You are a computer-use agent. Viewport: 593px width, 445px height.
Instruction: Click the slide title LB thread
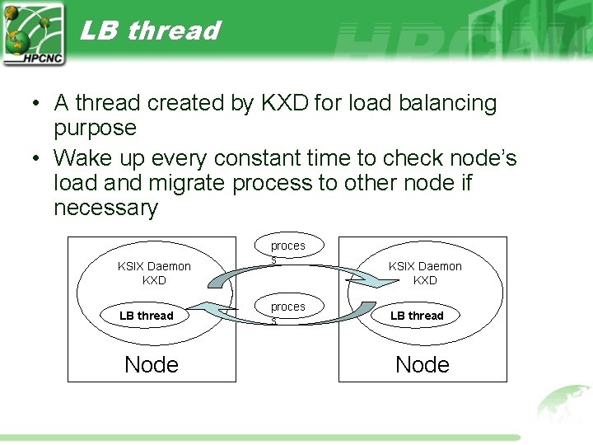tap(150, 30)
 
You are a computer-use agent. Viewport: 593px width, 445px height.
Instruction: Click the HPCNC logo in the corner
tap(33, 34)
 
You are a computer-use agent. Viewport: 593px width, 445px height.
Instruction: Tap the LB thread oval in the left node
tap(146, 316)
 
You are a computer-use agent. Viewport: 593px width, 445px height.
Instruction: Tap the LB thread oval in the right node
tap(417, 316)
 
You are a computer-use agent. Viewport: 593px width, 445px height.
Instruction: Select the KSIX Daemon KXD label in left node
tap(154, 273)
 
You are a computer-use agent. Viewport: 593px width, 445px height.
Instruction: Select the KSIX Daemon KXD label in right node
tap(425, 273)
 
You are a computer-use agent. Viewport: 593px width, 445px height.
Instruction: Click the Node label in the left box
tap(152, 364)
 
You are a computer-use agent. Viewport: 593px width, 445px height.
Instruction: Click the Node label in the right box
tap(423, 364)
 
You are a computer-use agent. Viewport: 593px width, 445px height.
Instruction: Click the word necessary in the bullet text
tap(105, 208)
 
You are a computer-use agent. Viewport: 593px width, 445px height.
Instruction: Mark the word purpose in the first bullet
tap(95, 128)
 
